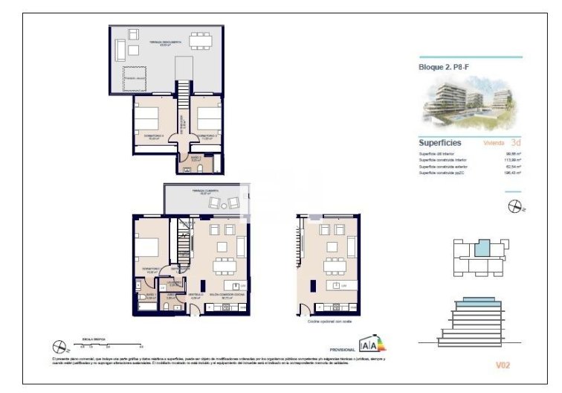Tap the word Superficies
pyautogui.click(x=439, y=142)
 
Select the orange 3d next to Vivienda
pyautogui.click(x=516, y=142)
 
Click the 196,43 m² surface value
pyautogui.click(x=512, y=173)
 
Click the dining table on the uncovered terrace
pyautogui.click(x=199, y=40)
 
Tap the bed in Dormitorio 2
pyautogui.click(x=209, y=117)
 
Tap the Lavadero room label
pyautogui.click(x=172, y=283)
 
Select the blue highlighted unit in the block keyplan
pyautogui.click(x=483, y=248)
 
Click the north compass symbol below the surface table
pyautogui.click(x=514, y=207)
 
